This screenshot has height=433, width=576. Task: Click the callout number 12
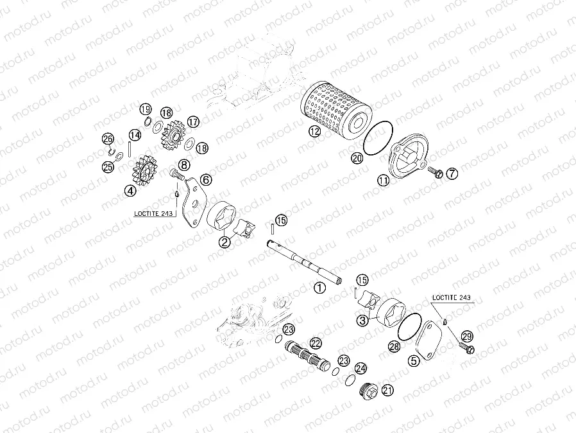[x=314, y=132]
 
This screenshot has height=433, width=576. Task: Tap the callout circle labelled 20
[x=357, y=157]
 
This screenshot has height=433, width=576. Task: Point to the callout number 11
[x=383, y=181]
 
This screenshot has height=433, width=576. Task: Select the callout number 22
[x=316, y=343]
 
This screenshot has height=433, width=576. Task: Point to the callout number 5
[x=414, y=361]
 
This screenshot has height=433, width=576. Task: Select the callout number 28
[x=394, y=348]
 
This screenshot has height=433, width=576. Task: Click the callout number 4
[x=130, y=190]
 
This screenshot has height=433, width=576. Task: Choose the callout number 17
[x=193, y=121]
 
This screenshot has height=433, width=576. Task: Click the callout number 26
[x=108, y=139]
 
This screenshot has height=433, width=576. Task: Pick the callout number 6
[x=206, y=180]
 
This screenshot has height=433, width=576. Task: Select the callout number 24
[x=361, y=369]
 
